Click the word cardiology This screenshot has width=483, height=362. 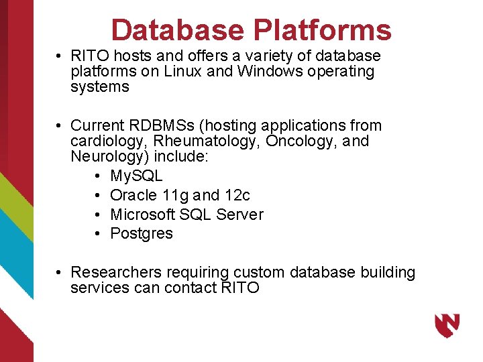click(x=109, y=141)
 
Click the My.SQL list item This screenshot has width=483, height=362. click(x=136, y=176)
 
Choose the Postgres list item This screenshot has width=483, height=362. click(x=141, y=233)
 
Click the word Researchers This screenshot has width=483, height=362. click(x=116, y=272)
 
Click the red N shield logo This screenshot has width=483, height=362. click(x=447, y=326)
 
